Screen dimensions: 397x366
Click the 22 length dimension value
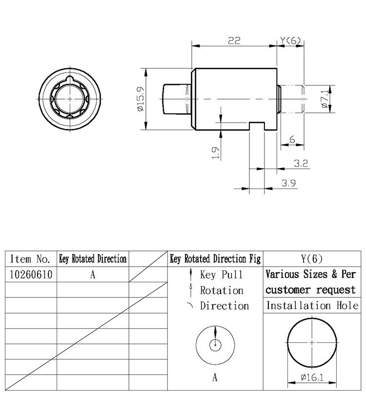(x=234, y=41)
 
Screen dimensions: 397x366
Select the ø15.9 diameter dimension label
(x=140, y=99)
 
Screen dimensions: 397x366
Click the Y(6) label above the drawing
(x=291, y=41)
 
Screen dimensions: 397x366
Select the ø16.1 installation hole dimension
(x=312, y=377)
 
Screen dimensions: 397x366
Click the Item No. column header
(x=30, y=259)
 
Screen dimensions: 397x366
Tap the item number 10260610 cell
(x=30, y=274)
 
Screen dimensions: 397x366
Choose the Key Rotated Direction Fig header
(x=215, y=259)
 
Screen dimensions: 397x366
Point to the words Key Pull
(x=221, y=274)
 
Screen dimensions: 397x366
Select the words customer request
(x=311, y=290)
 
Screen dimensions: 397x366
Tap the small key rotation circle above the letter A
(x=215, y=345)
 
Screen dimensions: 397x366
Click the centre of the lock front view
(x=71, y=99)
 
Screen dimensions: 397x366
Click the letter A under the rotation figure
(x=215, y=377)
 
